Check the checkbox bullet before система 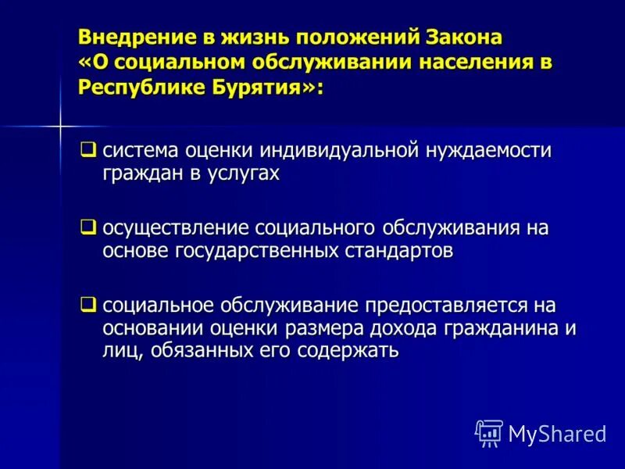tap(89, 148)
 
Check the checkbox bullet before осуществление tap(89, 227)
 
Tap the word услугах tap(242, 174)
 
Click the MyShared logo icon tap(488, 432)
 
